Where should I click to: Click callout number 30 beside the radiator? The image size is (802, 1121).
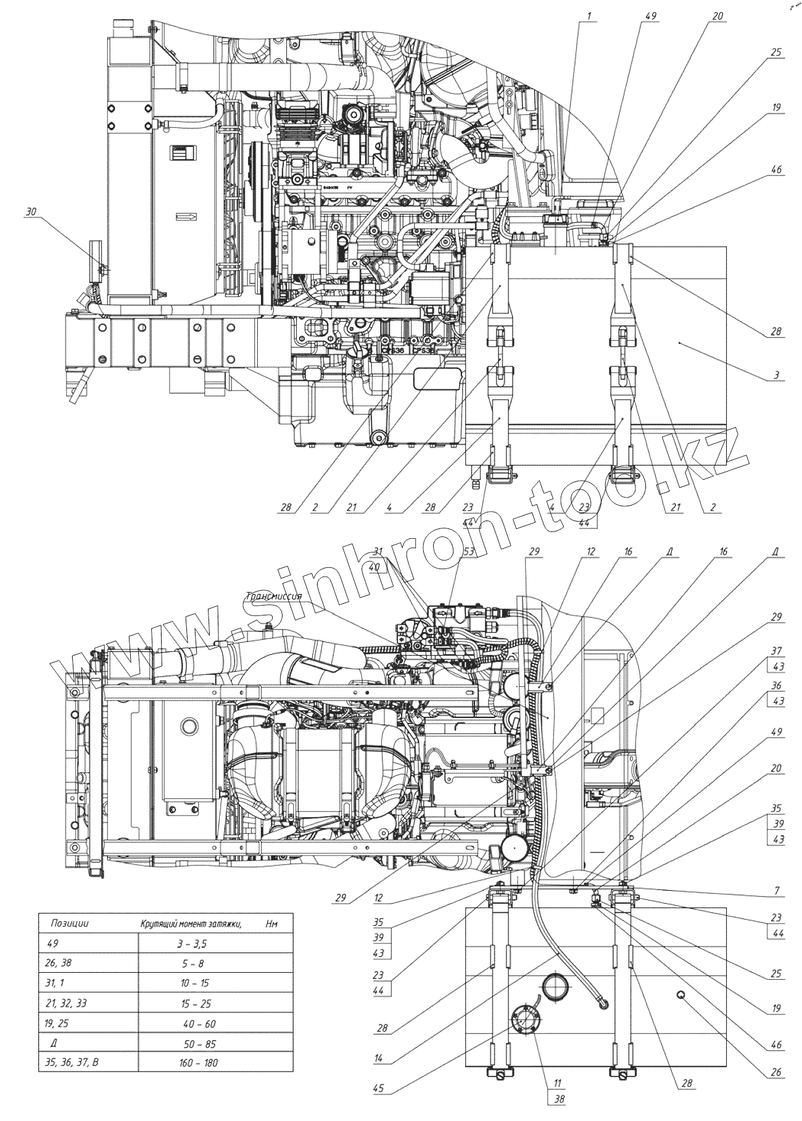point(31,212)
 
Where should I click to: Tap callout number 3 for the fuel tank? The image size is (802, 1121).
point(776,375)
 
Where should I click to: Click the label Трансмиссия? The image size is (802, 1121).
point(273,596)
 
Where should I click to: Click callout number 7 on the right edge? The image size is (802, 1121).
point(776,891)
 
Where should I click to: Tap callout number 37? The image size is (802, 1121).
point(776,651)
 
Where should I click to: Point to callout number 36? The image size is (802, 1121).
point(776,686)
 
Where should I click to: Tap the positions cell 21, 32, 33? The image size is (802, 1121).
point(65,1003)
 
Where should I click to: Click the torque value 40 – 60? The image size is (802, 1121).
point(199,1023)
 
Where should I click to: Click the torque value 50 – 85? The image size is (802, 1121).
point(199,1044)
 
